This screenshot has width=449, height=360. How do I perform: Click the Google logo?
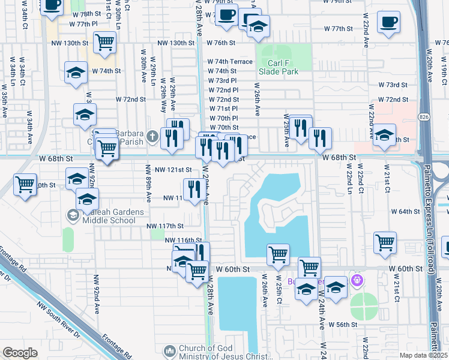click(x=20, y=353)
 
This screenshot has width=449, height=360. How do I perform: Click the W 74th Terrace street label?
click(x=230, y=62)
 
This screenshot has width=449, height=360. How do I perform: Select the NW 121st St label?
click(x=173, y=170)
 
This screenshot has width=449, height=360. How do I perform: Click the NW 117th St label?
click(x=165, y=226)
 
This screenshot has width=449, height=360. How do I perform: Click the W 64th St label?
click(x=407, y=212)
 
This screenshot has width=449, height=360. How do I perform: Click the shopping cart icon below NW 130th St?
click(x=105, y=42)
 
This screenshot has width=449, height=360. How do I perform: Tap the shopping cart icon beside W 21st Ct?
click(x=385, y=242)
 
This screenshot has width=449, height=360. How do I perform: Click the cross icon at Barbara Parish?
click(x=153, y=136)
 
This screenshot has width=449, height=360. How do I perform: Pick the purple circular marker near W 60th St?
click(x=358, y=280)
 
